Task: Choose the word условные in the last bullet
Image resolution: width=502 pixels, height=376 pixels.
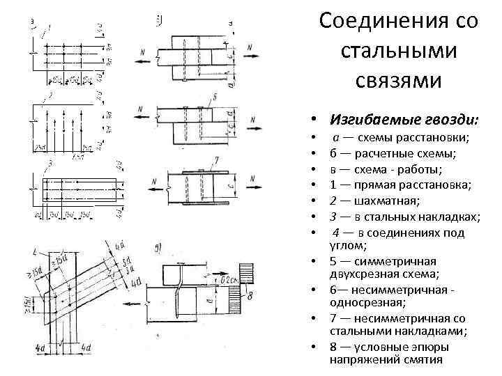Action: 382,347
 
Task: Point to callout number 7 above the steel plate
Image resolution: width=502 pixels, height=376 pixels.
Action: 218,161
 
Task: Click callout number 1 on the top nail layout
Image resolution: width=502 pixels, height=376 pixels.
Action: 49,27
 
